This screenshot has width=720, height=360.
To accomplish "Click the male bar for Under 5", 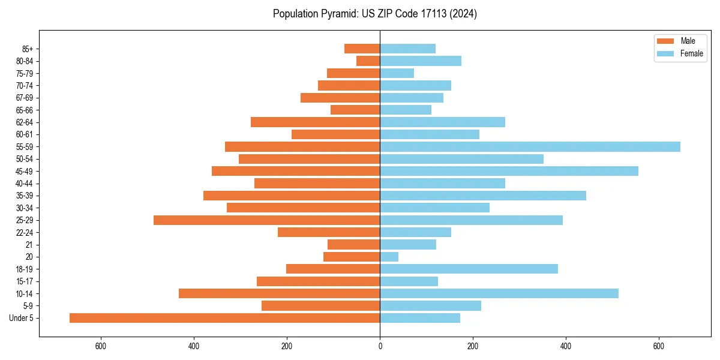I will [224, 318].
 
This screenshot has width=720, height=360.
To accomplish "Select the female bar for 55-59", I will [530, 147].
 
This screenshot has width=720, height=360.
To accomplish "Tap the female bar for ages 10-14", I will [499, 293].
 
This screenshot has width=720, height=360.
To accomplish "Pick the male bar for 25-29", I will [266, 220].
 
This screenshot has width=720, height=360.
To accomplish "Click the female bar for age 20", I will [389, 257].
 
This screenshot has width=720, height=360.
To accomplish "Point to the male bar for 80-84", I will [368, 61].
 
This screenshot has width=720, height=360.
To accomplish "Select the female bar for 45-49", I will [509, 171].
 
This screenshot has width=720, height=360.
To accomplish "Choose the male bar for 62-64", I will [315, 122].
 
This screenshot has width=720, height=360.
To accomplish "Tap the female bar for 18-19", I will [469, 269].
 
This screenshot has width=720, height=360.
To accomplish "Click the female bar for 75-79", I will [397, 73].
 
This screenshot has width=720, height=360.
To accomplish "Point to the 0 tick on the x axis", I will [380, 346].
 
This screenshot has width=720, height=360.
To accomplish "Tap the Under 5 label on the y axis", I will [22, 318].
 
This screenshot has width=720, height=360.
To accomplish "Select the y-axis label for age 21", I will [29, 245].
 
